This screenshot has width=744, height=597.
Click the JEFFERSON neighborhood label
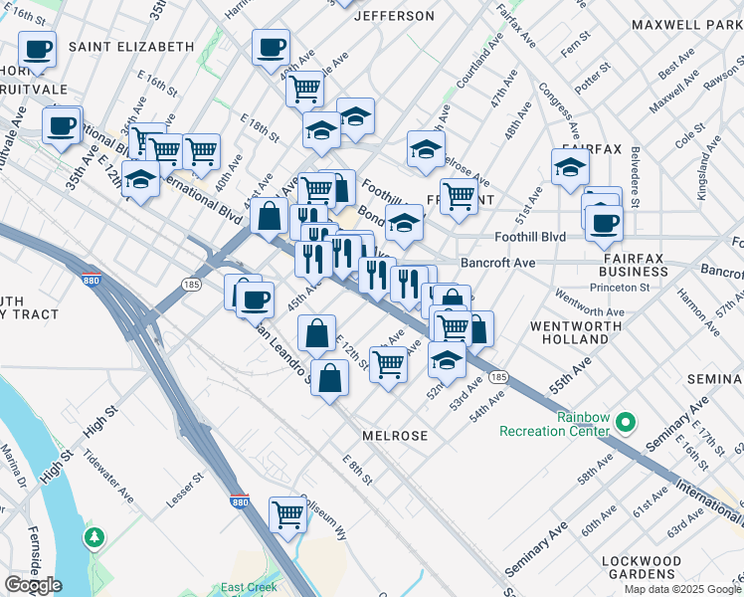[395, 16]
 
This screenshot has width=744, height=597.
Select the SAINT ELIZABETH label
[130, 47]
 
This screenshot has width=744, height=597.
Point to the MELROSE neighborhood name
[395, 436]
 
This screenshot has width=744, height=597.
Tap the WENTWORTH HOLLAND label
[569, 332]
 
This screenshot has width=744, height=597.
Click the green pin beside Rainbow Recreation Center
[626, 424]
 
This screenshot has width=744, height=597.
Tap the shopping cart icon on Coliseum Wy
[287, 515]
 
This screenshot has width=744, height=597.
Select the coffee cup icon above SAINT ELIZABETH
[38, 49]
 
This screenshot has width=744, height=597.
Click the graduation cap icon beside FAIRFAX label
[570, 167]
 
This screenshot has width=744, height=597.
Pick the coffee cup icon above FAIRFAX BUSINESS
[603, 222]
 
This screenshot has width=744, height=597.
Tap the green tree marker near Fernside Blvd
[94, 537]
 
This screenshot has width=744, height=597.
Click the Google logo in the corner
[33, 585]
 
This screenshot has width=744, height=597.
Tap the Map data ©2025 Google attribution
[681, 589]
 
